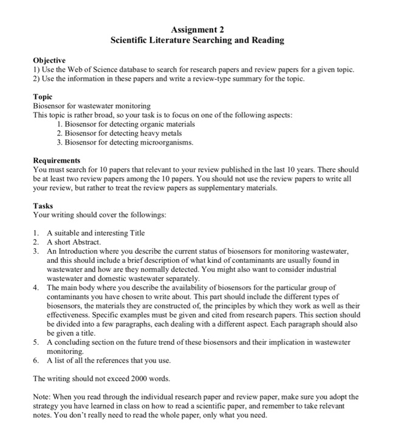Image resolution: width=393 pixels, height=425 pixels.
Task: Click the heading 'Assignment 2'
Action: coord(197,29)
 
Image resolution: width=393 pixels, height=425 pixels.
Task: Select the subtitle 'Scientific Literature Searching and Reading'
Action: coord(197,40)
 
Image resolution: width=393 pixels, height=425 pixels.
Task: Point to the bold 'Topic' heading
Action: coord(43,97)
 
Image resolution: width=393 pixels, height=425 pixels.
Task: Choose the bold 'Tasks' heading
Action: coord(43,205)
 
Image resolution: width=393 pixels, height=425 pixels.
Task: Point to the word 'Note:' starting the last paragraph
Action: coord(43,396)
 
